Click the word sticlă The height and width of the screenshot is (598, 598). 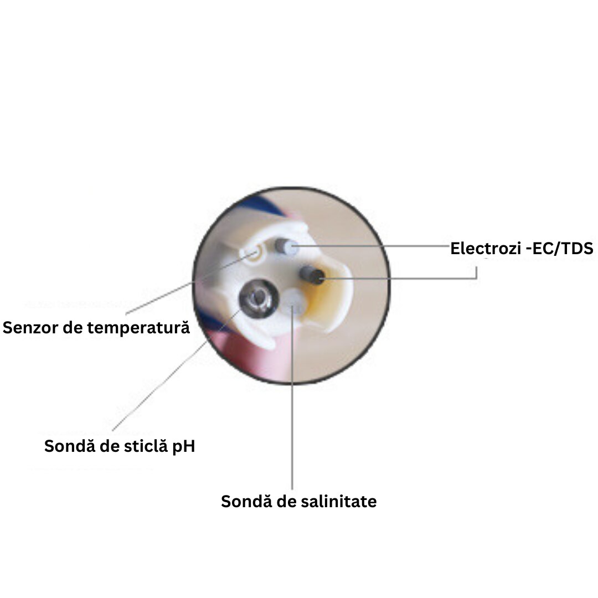(x=146, y=446)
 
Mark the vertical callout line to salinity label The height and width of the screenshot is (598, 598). (x=292, y=397)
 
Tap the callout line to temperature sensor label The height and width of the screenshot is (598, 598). (x=190, y=283)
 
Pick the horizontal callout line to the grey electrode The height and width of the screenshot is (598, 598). (x=370, y=246)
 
